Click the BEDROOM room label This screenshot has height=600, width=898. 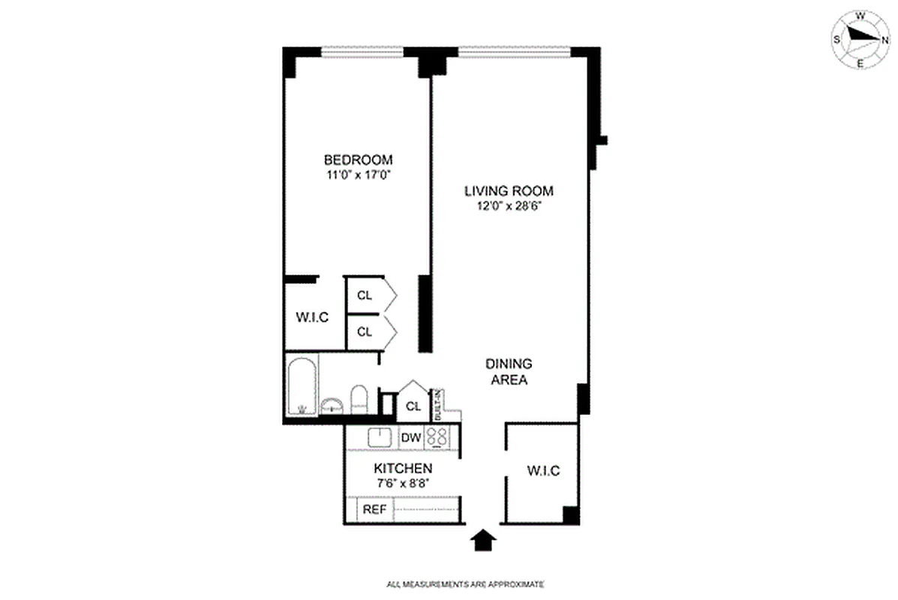coord(358,159)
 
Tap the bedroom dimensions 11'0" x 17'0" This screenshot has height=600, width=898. coord(358,175)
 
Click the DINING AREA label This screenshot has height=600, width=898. coord(509,372)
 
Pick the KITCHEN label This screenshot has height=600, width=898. coord(403,469)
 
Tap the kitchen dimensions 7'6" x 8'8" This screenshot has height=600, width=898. coord(403,484)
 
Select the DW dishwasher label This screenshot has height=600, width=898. coord(410,437)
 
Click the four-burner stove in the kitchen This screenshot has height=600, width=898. coord(437,436)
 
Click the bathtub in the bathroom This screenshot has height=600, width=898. coord(302,386)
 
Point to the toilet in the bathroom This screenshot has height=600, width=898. coord(359,399)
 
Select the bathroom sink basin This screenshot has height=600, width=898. coord(331,406)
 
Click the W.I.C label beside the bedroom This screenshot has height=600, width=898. coord(312,317)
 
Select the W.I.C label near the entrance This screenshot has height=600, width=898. coord(542,471)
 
